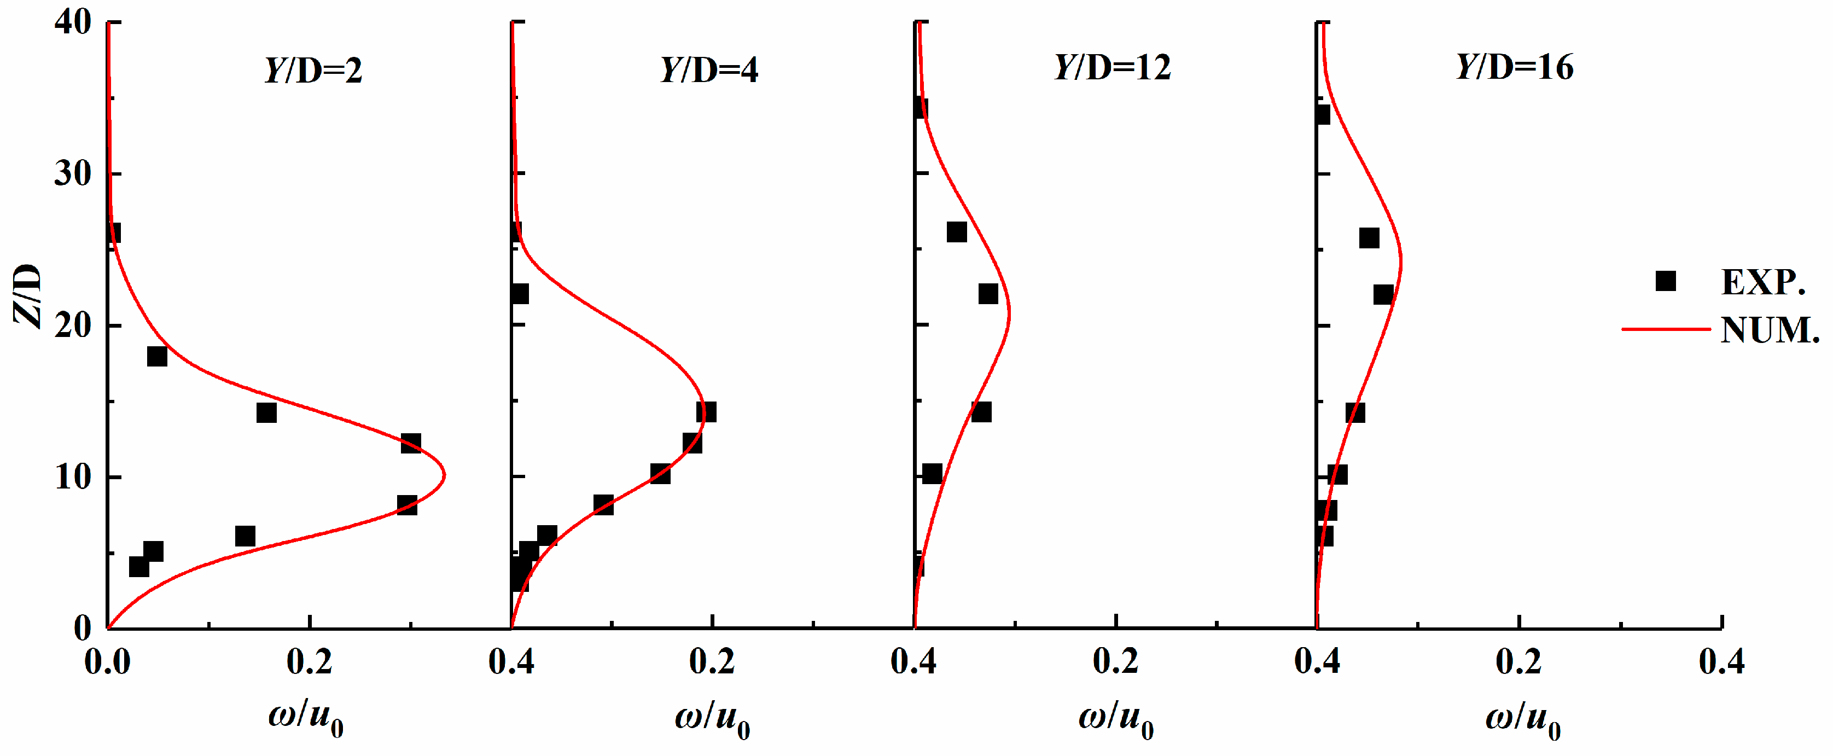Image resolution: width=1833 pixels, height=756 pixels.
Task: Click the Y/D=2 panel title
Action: tap(313, 70)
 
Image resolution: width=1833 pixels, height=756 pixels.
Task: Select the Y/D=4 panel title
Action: tap(709, 70)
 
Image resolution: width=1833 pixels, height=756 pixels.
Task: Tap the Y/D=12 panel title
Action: tap(1112, 68)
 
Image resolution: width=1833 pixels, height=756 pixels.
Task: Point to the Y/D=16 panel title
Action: tap(1515, 68)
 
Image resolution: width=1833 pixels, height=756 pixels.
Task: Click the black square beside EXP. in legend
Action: tap(1666, 281)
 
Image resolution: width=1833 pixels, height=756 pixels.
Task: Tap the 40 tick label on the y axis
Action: tap(73, 23)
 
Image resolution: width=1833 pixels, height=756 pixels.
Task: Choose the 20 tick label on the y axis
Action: tap(73, 325)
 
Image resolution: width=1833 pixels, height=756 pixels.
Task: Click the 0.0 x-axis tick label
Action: tap(107, 662)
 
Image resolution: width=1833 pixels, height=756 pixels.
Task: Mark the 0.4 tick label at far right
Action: tap(1721, 662)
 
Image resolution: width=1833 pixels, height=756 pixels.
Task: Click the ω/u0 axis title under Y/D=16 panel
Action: tap(1523, 719)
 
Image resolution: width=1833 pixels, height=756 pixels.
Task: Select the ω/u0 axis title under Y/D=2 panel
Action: tap(306, 719)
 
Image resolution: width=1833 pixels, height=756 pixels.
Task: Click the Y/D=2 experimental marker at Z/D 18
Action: tap(157, 356)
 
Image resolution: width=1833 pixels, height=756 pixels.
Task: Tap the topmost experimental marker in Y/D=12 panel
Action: tap(920, 108)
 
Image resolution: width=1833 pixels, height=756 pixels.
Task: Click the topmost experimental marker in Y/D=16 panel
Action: tap(1322, 114)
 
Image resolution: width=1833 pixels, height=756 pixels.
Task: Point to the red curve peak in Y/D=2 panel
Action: tap(444, 475)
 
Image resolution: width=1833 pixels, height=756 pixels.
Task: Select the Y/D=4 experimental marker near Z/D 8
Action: tap(603, 505)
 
